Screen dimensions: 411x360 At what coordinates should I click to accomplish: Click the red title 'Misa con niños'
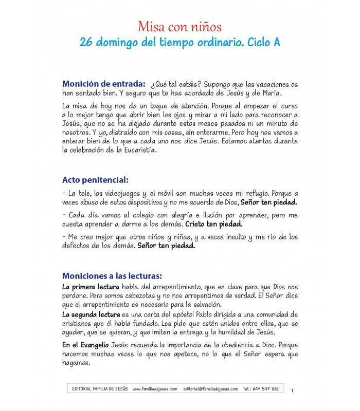[179, 27]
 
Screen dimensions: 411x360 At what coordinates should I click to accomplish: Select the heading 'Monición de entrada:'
[103, 84]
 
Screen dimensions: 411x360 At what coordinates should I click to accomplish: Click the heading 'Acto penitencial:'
[95, 180]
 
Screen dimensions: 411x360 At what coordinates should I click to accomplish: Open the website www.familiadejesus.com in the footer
[155, 389]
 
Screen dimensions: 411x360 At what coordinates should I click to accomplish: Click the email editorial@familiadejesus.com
[211, 389]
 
